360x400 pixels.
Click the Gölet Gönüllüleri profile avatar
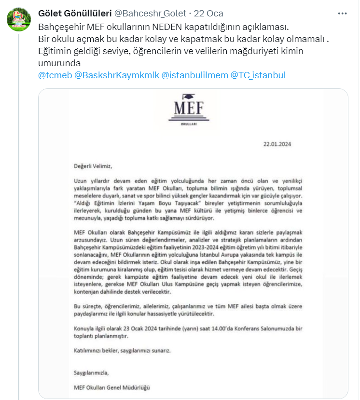point(19,19)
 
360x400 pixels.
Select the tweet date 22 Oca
point(208,13)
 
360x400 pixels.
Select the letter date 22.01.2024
point(277,144)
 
